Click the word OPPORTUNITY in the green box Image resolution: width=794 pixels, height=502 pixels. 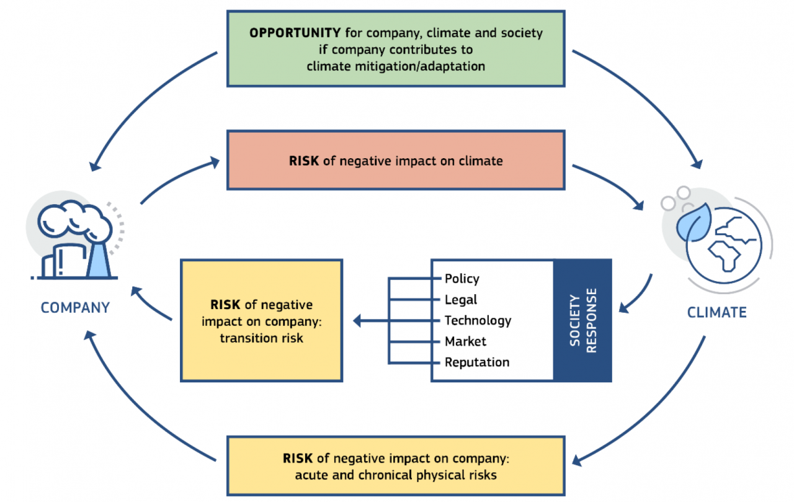pos(295,34)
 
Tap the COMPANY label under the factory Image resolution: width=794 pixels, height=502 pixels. pos(75,307)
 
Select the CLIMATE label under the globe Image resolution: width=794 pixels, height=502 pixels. pos(716,312)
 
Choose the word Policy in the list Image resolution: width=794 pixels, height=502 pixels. pos(462,279)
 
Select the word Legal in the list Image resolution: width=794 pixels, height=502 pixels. pos(461,300)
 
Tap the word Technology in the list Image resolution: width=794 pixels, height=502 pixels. pos(478,320)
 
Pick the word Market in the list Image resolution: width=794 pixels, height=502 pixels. pos(465,341)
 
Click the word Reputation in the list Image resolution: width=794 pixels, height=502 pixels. pos(477,362)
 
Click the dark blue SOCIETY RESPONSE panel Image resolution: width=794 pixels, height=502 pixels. pos(582,320)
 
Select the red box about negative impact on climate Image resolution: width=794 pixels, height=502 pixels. pos(396,161)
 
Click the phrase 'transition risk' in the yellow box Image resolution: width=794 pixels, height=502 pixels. pos(261,339)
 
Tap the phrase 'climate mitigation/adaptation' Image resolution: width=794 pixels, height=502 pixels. pos(396,66)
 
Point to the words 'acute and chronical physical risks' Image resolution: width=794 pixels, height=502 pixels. pos(396,475)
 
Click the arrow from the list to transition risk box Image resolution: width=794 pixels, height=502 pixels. pos(372,321)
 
